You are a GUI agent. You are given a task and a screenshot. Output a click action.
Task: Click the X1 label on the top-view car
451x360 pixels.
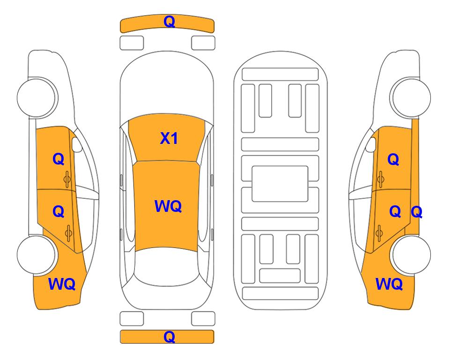pyautogui.click(x=169, y=138)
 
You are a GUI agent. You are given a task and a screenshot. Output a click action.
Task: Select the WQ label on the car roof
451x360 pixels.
pyautogui.click(x=168, y=206)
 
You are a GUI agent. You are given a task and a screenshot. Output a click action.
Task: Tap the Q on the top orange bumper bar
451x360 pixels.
pyautogui.click(x=169, y=22)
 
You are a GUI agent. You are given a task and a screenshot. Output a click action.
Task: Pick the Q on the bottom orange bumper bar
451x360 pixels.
pyautogui.click(x=169, y=337)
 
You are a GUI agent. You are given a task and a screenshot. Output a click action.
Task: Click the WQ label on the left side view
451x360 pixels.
pyautogui.click(x=62, y=284)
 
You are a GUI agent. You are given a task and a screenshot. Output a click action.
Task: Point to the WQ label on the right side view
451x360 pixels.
pyautogui.click(x=389, y=284)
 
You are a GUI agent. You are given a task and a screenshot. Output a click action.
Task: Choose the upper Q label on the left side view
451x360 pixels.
pyautogui.click(x=58, y=159)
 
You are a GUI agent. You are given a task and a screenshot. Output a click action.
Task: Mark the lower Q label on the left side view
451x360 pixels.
pyautogui.click(x=58, y=211)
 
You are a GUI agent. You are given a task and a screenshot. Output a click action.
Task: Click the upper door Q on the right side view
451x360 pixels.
pyautogui.click(x=393, y=160)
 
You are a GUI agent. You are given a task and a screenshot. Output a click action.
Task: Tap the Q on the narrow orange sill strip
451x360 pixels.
pyautogui.click(x=416, y=212)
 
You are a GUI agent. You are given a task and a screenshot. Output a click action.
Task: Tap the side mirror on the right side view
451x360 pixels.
pyautogui.click(x=372, y=145)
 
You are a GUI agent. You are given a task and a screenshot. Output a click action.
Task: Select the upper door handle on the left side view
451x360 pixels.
pyautogui.click(x=67, y=178)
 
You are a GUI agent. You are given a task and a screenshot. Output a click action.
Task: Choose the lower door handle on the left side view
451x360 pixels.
pyautogui.click(x=69, y=232)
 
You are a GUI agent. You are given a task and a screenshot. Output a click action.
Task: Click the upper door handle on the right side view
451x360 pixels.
pyautogui.click(x=380, y=178)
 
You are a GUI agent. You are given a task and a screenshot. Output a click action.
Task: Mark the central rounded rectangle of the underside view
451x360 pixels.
pyautogui.click(x=280, y=183)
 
